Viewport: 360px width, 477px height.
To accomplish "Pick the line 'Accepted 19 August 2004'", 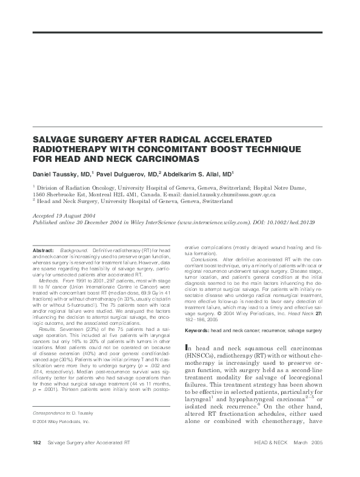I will [x=62, y=216].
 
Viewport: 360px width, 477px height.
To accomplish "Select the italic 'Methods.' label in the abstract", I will [x=48, y=282].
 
